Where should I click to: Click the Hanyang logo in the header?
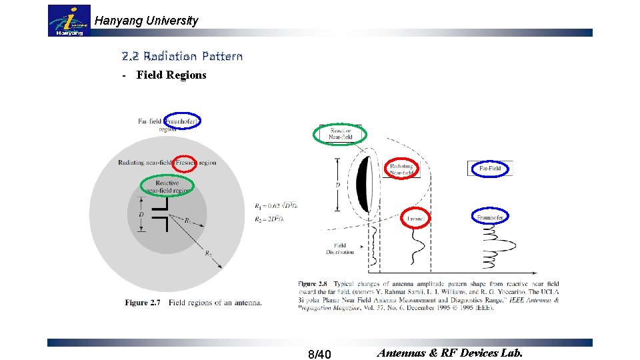coord(70,21)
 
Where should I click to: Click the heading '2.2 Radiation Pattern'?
coord(182,56)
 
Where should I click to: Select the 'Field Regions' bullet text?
coord(171,75)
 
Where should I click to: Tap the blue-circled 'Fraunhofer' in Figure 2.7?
coord(182,121)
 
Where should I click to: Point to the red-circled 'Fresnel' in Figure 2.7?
coord(184,163)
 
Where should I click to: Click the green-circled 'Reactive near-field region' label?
coord(167,186)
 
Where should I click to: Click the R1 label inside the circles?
coord(187,220)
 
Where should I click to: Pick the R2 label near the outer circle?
coord(207,253)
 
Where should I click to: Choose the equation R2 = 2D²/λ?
coord(269,219)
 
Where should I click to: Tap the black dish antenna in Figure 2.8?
coord(363,184)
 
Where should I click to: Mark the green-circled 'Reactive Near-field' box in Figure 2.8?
coord(340,134)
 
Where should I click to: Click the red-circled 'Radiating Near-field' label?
coord(401,169)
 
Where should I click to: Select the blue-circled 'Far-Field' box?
coord(490,169)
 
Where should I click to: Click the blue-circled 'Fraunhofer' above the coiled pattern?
coord(491,217)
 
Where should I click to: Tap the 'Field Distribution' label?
coord(340,249)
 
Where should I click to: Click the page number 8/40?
coord(320,353)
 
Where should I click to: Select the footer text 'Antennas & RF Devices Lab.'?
coord(450,353)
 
